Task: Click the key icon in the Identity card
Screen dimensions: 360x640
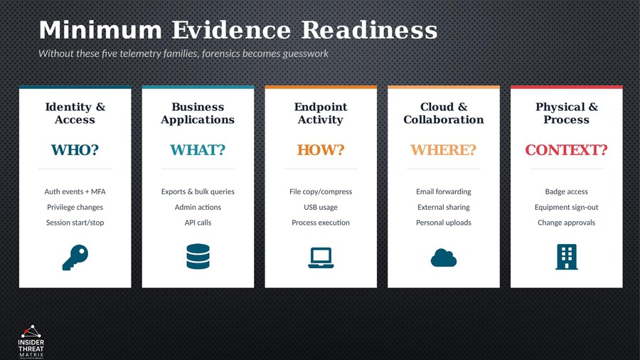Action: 75,257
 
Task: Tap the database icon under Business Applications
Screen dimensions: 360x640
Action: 198,257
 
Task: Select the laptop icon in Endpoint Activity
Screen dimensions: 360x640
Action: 321,257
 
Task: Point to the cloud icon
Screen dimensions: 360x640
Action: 444,258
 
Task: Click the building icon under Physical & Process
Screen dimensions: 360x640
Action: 566,257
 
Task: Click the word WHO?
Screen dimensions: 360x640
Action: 75,150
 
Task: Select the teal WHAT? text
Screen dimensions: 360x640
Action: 198,150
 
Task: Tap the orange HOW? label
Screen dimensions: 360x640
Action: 321,150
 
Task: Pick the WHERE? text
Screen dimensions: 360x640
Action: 444,150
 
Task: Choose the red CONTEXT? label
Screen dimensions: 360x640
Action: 566,150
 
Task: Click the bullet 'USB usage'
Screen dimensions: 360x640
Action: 321,207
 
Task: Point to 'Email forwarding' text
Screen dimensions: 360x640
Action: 444,191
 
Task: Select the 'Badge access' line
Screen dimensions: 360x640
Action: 566,191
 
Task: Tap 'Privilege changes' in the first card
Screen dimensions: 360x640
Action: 75,207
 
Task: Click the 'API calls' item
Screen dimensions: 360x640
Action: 198,223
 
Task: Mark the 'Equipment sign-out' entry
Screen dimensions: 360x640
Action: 566,207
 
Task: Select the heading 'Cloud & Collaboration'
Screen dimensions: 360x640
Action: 444,113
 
